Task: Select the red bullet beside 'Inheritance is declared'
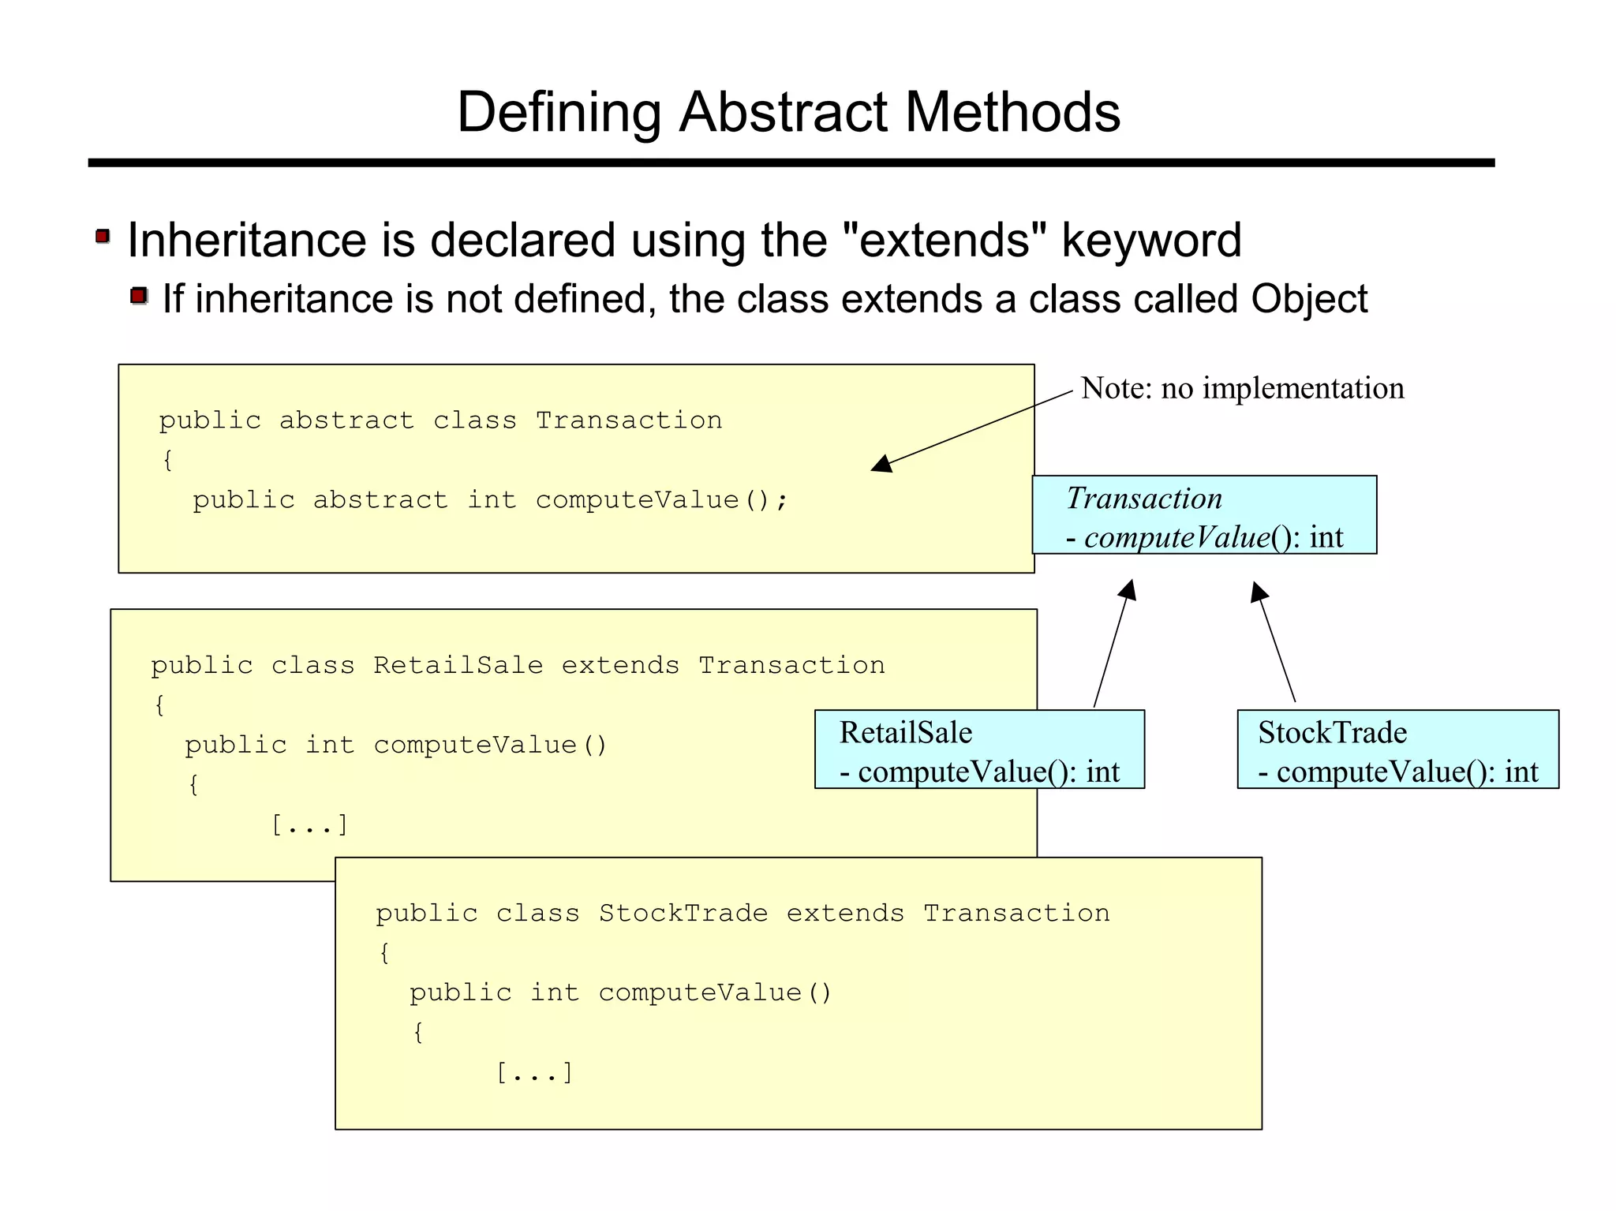tap(103, 236)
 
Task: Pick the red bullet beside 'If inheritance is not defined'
tap(139, 296)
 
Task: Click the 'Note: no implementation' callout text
tap(1242, 388)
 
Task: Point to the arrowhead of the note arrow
tap(881, 465)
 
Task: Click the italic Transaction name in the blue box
tap(1143, 499)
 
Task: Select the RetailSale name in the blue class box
tap(905, 733)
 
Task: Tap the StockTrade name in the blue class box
tap(1332, 733)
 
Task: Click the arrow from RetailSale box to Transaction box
tap(1113, 644)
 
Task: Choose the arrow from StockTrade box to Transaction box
tap(1274, 642)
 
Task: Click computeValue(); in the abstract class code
tap(661, 500)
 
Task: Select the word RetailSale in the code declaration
tap(458, 666)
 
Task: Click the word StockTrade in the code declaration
tap(683, 914)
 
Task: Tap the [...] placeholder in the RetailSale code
tap(309, 825)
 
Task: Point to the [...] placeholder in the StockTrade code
tap(534, 1073)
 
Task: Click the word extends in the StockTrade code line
tap(845, 914)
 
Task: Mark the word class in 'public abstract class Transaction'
tap(475, 420)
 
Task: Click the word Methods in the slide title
tap(1012, 112)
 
